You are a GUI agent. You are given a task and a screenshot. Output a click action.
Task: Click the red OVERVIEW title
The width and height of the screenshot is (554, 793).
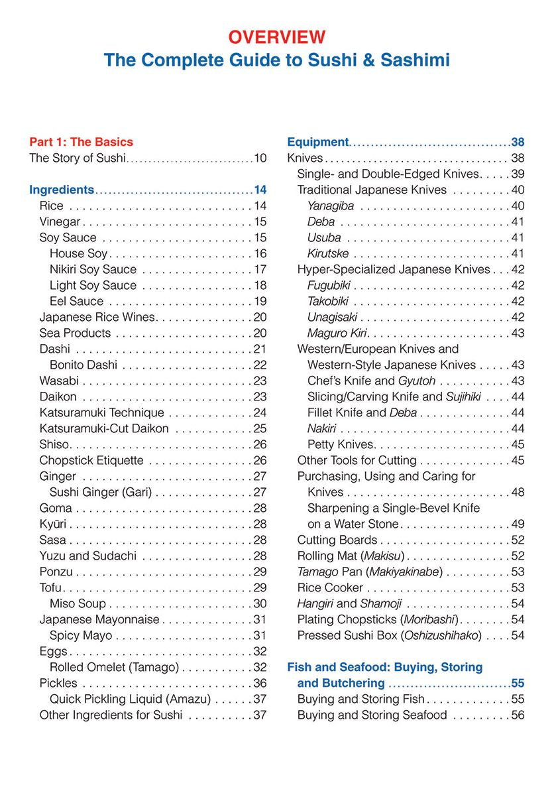pos(277,36)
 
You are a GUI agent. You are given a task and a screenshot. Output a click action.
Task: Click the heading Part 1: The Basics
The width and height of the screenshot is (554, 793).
pos(81,142)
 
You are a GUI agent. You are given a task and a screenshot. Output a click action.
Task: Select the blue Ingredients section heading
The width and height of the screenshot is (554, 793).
pos(62,190)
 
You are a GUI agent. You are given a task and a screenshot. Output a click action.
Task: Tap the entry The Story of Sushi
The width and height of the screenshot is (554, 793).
pos(77,158)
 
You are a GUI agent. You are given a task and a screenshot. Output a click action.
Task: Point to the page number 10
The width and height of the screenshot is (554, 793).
pos(260,158)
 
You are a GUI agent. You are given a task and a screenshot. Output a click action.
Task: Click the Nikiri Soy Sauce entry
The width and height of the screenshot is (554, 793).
pos(93,269)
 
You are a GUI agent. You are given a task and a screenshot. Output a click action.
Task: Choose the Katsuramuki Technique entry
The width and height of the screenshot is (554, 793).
pos(101,412)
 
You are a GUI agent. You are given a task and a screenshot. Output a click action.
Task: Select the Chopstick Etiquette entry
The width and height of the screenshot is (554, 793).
pos(91,460)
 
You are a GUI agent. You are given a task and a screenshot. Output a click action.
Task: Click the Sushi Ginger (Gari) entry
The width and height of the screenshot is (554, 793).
pos(101,492)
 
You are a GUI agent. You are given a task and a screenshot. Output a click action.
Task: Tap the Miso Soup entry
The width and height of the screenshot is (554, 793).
pos(78,603)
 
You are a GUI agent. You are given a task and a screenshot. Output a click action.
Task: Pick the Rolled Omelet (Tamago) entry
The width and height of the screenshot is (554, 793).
pos(114,667)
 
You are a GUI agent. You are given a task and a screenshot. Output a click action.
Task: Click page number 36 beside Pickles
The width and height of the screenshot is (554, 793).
pos(260,683)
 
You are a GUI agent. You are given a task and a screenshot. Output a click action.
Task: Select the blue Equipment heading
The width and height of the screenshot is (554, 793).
pos(317,142)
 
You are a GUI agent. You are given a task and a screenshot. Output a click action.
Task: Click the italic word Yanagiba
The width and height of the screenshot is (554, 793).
pos(331,206)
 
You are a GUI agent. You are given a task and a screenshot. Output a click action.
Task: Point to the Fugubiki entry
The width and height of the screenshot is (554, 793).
pos(329,285)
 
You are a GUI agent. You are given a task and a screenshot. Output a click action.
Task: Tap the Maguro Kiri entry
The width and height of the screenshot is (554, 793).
pos(337,333)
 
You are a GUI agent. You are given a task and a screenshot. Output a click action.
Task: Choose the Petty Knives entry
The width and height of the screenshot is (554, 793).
pos(341,444)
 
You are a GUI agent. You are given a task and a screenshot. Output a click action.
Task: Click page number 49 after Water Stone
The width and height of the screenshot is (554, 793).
pos(518,524)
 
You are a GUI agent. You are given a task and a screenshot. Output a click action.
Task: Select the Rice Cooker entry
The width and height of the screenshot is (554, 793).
pos(330,587)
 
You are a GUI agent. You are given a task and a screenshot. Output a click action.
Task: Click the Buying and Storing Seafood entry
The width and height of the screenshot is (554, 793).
pos(372,715)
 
